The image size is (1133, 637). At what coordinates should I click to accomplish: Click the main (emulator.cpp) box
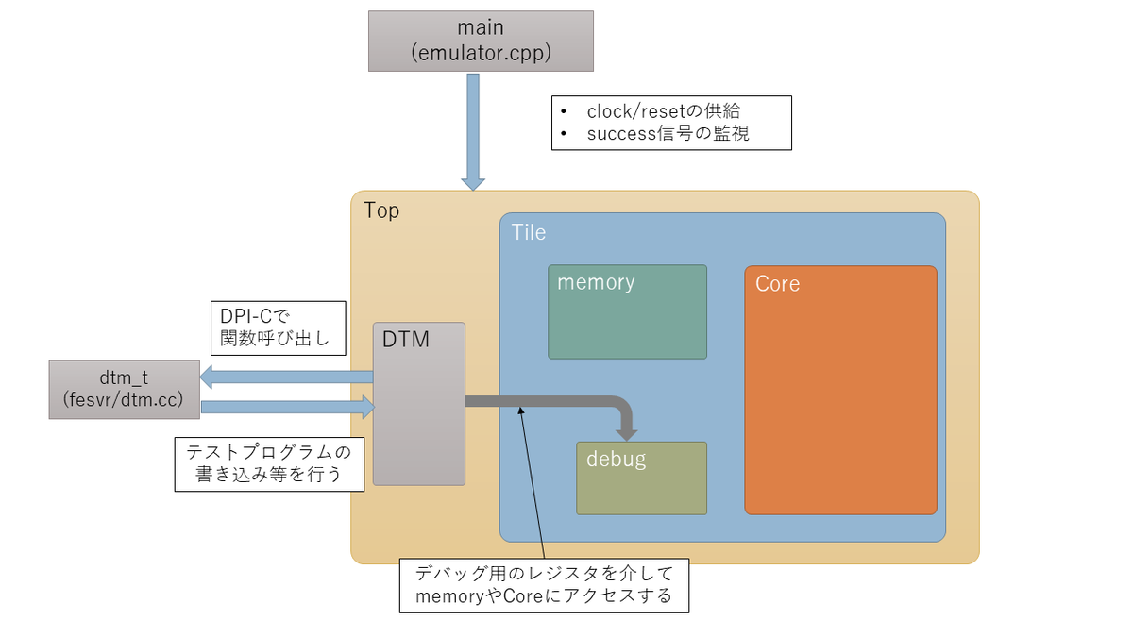(x=481, y=41)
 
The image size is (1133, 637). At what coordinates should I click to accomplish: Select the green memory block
(x=627, y=312)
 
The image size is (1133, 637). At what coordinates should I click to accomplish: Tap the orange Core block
(x=840, y=391)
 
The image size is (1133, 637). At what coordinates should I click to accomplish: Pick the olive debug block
(x=641, y=478)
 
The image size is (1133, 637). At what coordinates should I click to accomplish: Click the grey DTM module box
(x=419, y=404)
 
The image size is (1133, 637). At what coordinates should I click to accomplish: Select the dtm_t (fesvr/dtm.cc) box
(x=124, y=389)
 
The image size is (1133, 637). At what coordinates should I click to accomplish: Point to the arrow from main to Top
(x=473, y=132)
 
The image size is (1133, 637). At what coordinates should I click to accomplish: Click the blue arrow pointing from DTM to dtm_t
(x=286, y=377)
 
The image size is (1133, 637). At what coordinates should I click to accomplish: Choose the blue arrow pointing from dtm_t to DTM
(x=288, y=407)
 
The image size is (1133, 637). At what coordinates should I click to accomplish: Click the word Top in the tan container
(x=381, y=210)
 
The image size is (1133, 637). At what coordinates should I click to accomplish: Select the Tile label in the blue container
(x=529, y=232)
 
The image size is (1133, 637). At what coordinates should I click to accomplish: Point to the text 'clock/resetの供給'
(x=663, y=111)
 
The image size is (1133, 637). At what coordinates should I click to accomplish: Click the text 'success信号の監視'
(x=668, y=133)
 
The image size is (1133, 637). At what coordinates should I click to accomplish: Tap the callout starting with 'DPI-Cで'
(x=279, y=328)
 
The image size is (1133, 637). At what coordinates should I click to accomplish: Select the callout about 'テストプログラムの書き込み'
(x=269, y=464)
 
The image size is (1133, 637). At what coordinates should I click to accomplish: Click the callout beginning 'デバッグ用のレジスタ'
(x=544, y=585)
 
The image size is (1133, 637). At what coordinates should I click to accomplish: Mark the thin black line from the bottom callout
(x=533, y=482)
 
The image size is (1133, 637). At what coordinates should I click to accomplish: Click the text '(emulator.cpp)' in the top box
(x=481, y=53)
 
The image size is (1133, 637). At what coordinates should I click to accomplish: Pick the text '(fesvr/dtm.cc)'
(x=123, y=400)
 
